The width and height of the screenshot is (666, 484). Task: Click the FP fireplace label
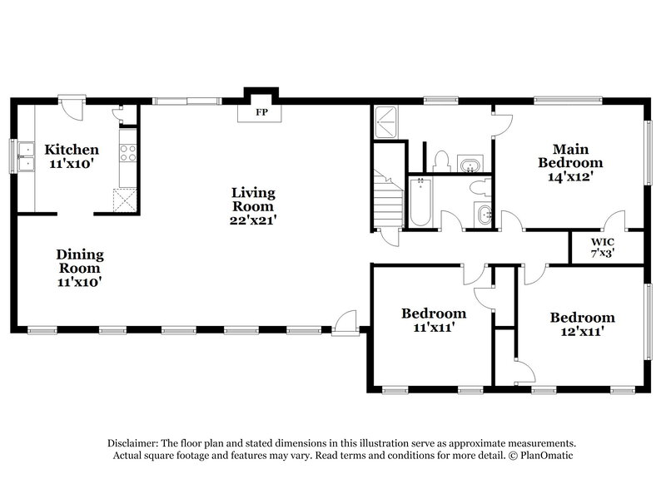point(261,112)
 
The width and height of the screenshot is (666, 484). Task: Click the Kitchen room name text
point(72,150)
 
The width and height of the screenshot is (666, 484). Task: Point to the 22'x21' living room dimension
point(253,220)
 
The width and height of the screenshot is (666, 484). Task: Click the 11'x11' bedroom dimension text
point(433,328)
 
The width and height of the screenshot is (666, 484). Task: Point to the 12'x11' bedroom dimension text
point(581,331)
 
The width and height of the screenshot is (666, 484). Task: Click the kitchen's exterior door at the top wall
point(72,107)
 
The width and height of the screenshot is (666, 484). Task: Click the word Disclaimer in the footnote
point(137,443)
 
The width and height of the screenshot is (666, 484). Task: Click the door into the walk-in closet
point(614,222)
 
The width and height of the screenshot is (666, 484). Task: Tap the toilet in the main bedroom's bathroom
point(441,160)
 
